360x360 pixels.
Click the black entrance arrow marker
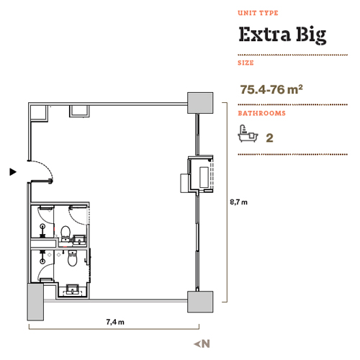[13, 172]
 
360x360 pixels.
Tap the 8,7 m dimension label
[238, 202]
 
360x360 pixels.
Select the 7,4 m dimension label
[115, 322]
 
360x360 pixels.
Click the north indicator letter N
[206, 343]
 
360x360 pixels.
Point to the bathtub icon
[248, 134]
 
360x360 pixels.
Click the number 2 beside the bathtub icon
[269, 138]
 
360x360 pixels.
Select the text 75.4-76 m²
[271, 89]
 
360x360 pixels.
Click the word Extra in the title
[264, 34]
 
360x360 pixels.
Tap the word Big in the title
[311, 35]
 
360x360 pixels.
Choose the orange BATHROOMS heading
[261, 113]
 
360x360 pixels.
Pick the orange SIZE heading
[246, 63]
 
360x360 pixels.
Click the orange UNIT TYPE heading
[258, 13]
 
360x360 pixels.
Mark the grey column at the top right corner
[200, 103]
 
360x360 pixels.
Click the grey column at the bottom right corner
[200, 302]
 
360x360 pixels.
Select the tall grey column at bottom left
[35, 302]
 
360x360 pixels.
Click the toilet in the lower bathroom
[72, 258]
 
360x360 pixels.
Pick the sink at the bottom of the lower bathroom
[72, 289]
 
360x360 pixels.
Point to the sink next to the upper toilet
[79, 240]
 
